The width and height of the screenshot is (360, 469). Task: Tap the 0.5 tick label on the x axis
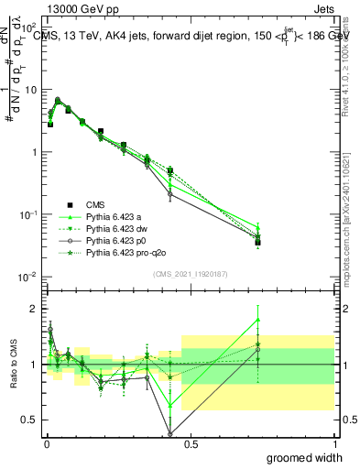click(x=191, y=443)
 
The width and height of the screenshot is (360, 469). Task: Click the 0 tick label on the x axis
click(x=46, y=443)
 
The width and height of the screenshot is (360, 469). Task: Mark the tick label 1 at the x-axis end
click(x=333, y=443)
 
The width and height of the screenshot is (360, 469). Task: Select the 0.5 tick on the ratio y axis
click(x=27, y=420)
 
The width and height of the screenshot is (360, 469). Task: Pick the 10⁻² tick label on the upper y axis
click(x=28, y=277)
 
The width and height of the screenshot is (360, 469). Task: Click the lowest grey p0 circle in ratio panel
click(x=170, y=434)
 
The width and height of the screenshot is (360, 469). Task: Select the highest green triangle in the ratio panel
click(x=257, y=320)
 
